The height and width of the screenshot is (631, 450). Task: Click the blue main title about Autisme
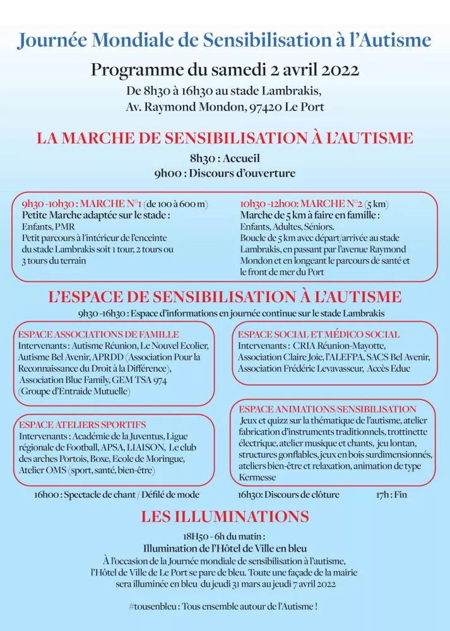click(x=225, y=40)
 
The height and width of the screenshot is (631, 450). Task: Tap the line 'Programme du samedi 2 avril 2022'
click(x=225, y=69)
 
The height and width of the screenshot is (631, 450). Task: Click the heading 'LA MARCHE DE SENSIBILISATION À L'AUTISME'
click(x=225, y=138)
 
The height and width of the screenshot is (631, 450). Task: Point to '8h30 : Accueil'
click(x=225, y=159)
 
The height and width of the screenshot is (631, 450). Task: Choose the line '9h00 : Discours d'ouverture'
click(x=225, y=173)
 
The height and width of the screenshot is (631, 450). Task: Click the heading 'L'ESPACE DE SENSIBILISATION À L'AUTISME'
click(x=225, y=297)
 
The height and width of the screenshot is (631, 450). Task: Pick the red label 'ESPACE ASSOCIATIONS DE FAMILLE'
click(x=98, y=334)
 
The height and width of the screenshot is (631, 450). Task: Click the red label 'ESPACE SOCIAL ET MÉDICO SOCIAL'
click(x=319, y=334)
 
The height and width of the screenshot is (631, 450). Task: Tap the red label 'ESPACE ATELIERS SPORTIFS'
click(x=82, y=425)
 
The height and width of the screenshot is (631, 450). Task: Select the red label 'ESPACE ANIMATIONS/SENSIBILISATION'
click(x=328, y=410)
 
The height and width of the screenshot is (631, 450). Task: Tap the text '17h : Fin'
click(x=391, y=495)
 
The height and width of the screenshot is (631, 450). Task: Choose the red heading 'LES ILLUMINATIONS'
click(x=225, y=517)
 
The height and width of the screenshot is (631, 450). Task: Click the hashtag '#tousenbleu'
click(x=151, y=606)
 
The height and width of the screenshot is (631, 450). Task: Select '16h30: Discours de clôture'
click(x=288, y=495)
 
